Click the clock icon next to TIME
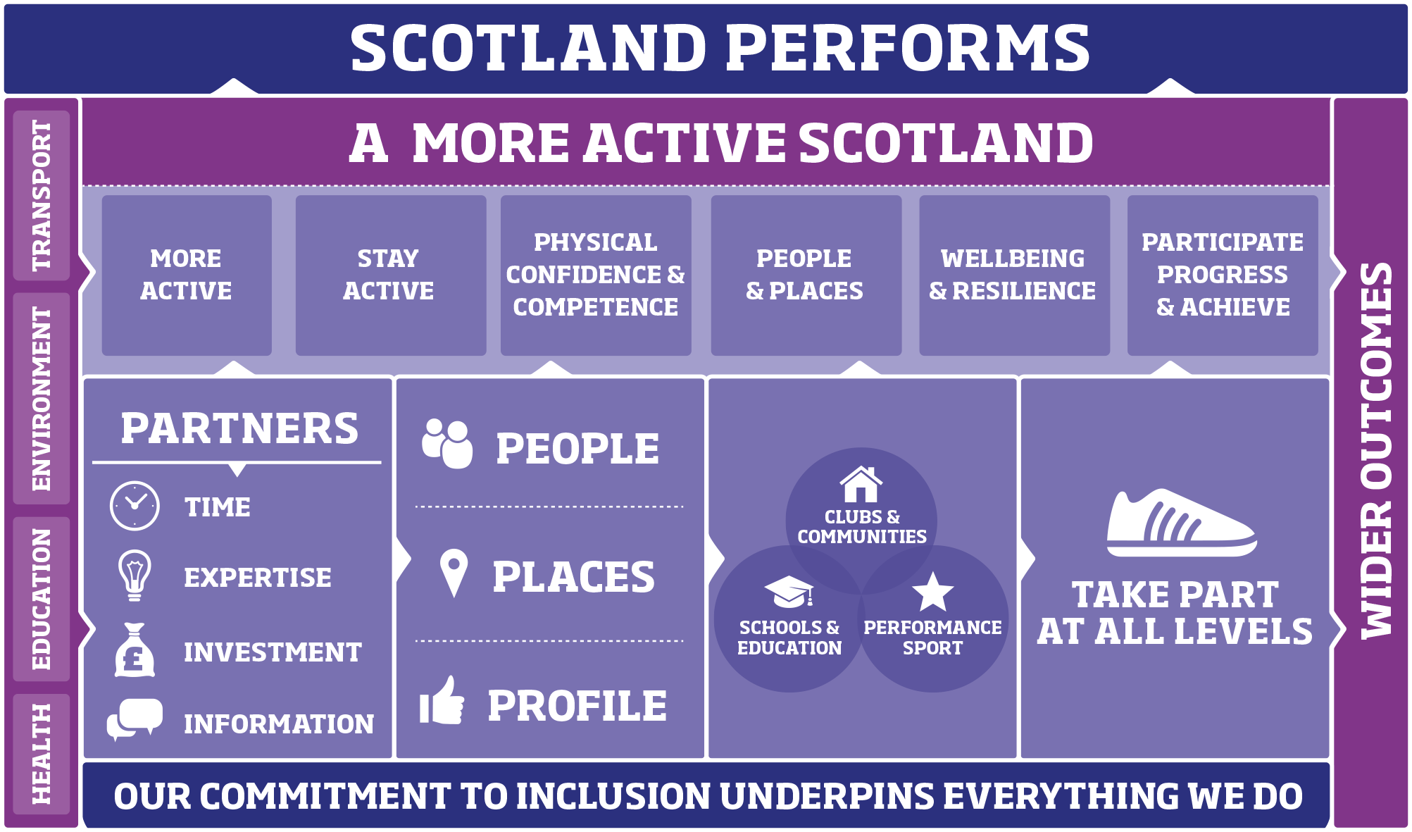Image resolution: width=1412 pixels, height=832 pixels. [135, 506]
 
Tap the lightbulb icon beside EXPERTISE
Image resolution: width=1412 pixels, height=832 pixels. [135, 575]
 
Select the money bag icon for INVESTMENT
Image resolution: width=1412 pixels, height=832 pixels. [134, 650]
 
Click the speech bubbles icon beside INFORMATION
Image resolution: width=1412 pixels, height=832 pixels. [135, 719]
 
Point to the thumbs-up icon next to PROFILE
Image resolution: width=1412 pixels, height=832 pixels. [442, 702]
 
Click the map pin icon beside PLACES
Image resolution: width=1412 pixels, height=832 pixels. [454, 573]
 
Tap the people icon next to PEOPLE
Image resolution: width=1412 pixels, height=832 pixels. [447, 444]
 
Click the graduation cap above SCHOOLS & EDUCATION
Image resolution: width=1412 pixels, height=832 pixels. [789, 592]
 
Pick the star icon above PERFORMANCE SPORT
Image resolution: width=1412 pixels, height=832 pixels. [932, 592]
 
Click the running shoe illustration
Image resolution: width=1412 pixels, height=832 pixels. [1180, 523]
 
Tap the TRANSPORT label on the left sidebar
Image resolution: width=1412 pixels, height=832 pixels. [42, 195]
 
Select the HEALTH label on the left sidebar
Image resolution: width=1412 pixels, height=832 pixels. [42, 753]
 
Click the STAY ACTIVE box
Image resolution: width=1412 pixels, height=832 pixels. [390, 275]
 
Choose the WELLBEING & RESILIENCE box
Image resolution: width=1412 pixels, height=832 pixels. [1013, 275]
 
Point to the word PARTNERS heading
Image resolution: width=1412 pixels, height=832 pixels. [239, 428]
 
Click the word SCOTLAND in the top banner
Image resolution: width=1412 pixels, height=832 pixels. [528, 48]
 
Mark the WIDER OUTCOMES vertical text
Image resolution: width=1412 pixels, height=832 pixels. [1376, 451]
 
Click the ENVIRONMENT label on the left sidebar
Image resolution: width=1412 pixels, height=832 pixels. [42, 399]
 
